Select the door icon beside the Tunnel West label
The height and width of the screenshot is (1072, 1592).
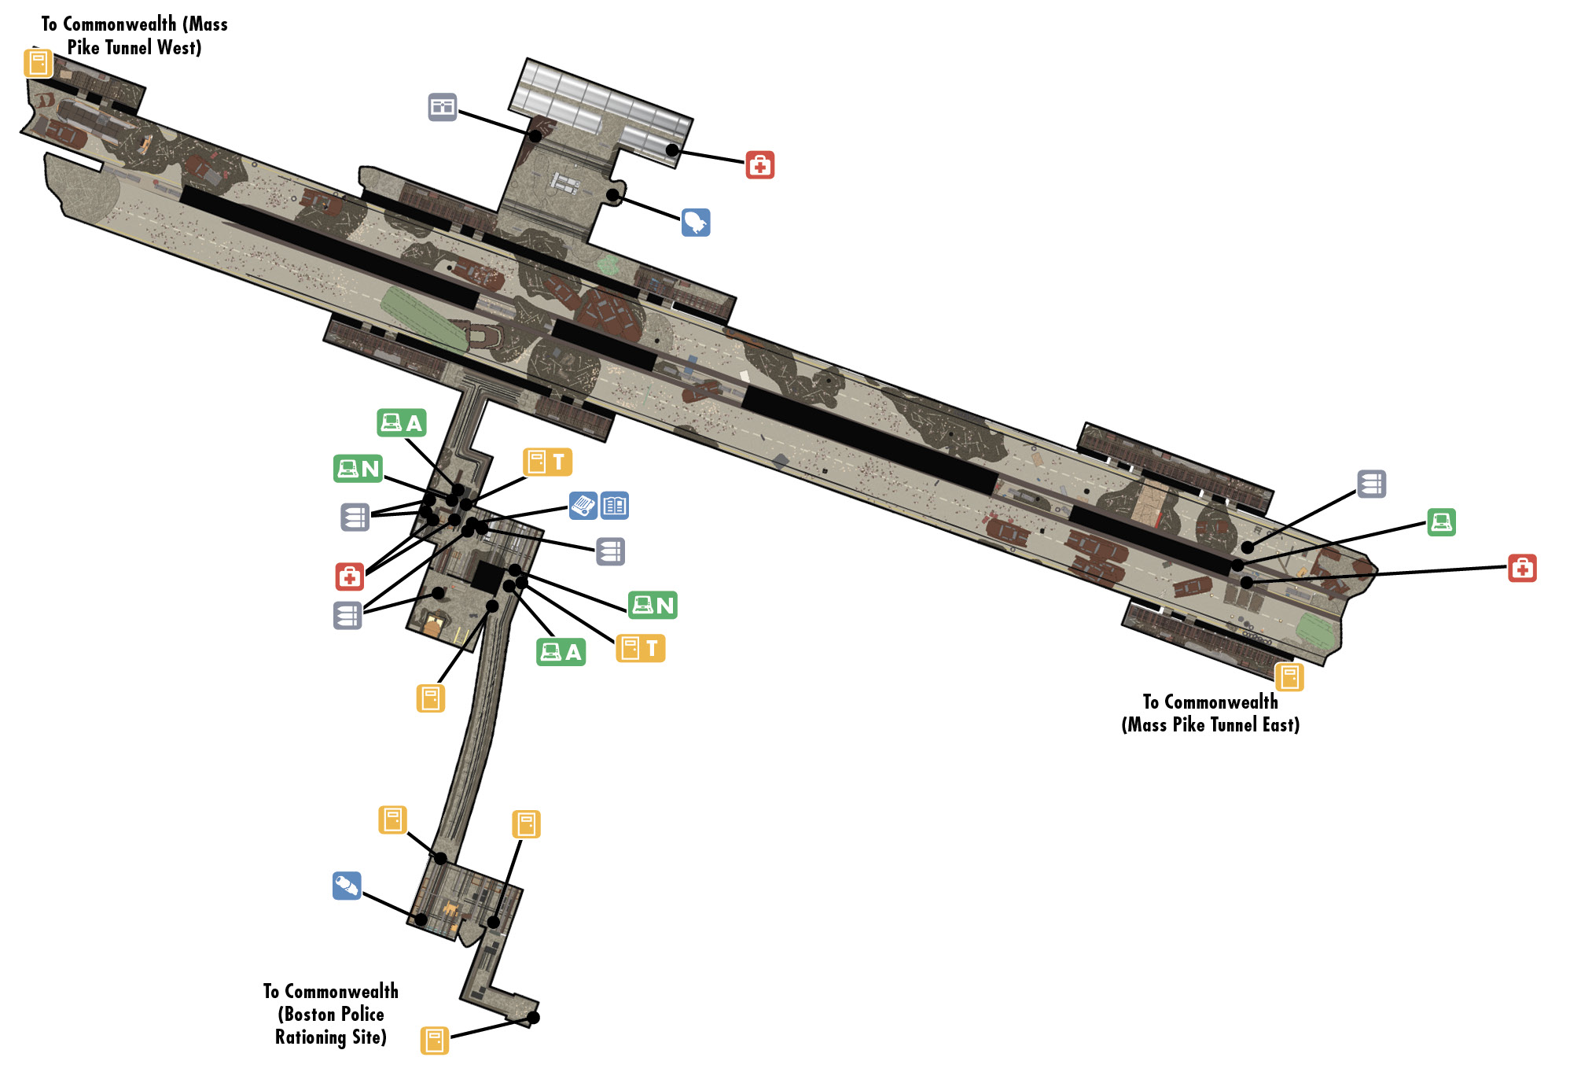tap(38, 63)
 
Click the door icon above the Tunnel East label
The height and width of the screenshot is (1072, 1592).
tap(1289, 677)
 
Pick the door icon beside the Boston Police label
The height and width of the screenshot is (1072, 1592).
tap(435, 1041)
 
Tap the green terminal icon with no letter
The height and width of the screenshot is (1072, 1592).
tap(1441, 522)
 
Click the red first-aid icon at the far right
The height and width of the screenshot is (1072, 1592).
tap(1522, 568)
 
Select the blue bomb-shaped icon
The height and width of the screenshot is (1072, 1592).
tap(696, 223)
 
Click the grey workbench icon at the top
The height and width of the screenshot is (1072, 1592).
tap(443, 107)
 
